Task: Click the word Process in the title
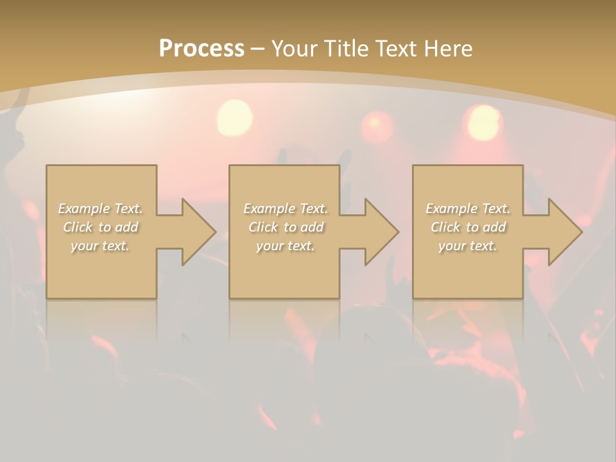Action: coord(201,49)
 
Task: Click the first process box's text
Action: coord(101,227)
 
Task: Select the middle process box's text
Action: coord(286,227)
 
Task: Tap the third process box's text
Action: coord(468,227)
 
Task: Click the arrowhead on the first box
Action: coord(199,232)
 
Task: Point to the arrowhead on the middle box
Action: coord(382,232)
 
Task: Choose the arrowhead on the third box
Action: coord(565,232)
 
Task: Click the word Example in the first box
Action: coord(83,209)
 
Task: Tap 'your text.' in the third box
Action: coord(468,246)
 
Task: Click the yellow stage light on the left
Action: coord(235,117)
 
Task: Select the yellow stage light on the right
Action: coord(484,122)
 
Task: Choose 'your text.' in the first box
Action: coord(101,246)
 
